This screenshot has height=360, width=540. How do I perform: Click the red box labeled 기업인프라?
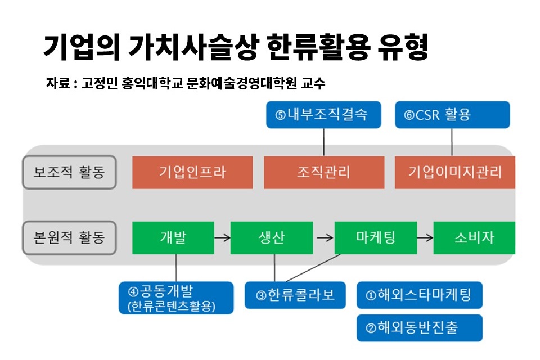point(192,172)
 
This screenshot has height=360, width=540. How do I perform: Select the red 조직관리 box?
point(324,172)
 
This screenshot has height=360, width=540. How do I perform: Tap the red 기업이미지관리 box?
point(455,172)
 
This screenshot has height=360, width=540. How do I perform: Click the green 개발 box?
point(173,238)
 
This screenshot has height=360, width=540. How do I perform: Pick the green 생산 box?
point(272,238)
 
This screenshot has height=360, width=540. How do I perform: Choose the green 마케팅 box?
point(376,238)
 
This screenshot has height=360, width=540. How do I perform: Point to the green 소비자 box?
point(474,238)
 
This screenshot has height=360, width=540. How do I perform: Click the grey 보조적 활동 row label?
point(69,172)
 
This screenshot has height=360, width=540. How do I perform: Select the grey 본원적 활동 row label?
point(69,238)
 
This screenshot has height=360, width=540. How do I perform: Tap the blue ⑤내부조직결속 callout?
point(324,115)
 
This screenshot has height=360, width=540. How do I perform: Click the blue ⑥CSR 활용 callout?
point(452,115)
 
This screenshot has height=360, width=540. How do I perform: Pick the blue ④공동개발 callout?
point(176,298)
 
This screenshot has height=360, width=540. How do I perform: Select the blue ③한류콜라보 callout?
point(295,295)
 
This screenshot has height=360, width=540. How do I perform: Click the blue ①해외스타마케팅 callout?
point(420,295)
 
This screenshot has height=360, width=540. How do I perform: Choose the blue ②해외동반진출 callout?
point(420,328)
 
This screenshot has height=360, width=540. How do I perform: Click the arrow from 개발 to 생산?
point(222,238)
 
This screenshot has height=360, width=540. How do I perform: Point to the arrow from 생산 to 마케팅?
point(325,238)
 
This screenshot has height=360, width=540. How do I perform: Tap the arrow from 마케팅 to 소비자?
point(425,238)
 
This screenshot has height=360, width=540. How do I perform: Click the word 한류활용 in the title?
point(318,47)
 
